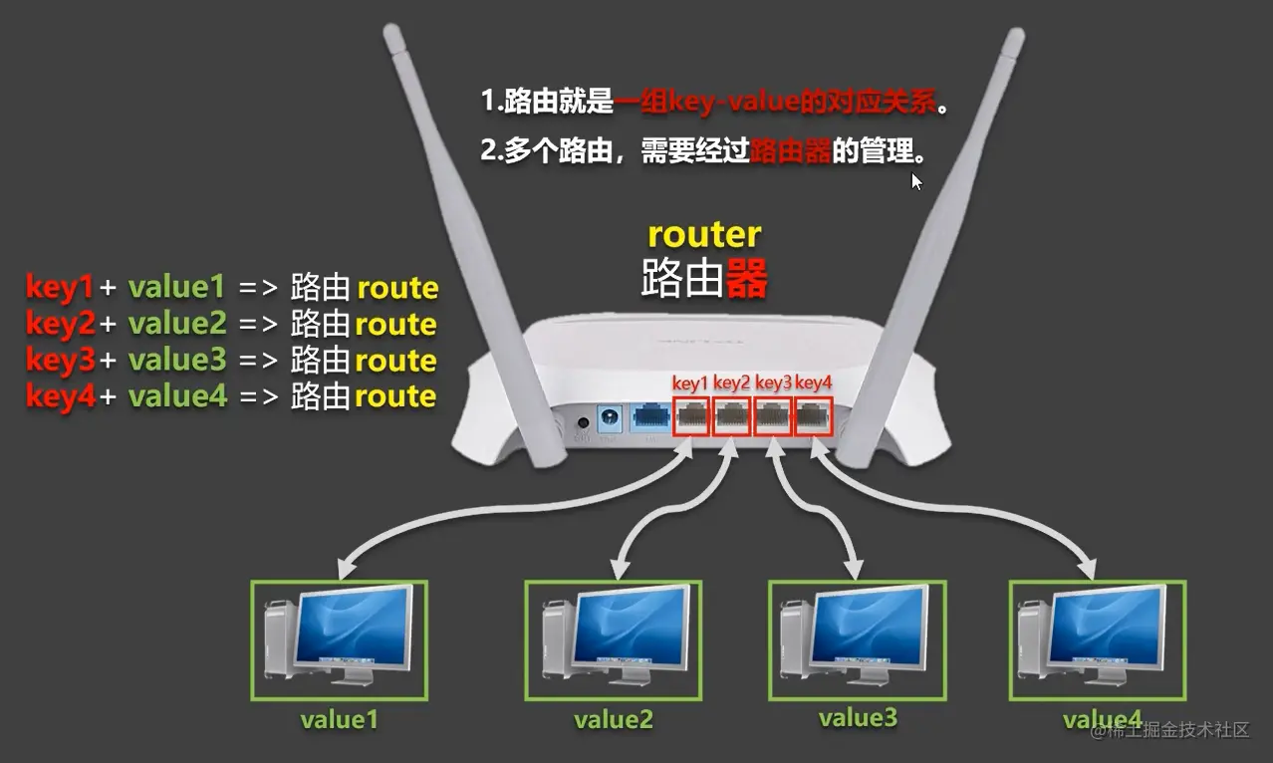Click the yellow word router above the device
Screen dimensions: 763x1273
tap(704, 235)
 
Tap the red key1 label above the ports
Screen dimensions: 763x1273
tap(690, 382)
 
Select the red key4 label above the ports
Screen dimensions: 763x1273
tap(813, 382)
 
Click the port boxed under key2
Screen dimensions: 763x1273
tap(732, 417)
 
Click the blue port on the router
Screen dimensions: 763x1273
tap(649, 418)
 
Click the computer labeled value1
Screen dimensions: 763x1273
tap(340, 639)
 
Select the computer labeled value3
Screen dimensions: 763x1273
tap(856, 639)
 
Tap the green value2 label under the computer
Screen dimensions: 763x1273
tap(614, 720)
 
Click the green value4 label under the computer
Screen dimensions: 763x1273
tap(1102, 719)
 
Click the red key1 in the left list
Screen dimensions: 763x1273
tap(59, 288)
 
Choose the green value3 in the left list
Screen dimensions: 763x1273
tap(177, 360)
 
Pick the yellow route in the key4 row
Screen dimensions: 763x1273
tap(395, 396)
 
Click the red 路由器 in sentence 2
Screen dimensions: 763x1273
tap(791, 152)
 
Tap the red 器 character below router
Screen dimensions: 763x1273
tap(746, 280)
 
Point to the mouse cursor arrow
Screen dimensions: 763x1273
tap(916, 180)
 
